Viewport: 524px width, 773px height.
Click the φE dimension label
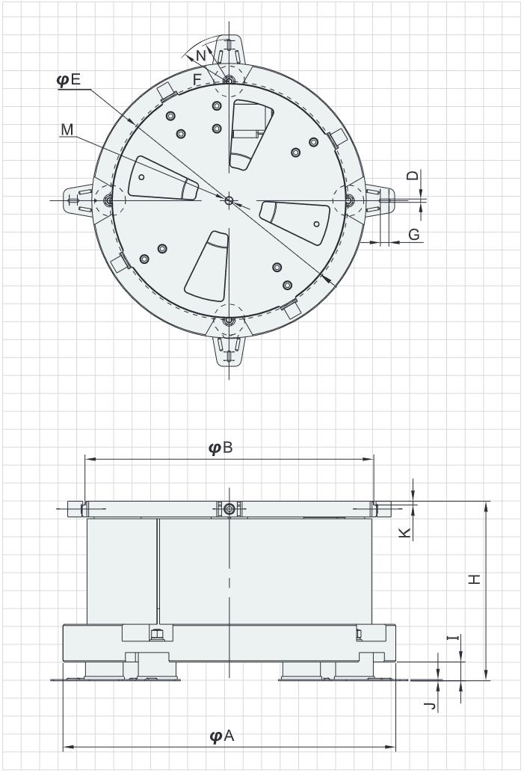click(x=69, y=79)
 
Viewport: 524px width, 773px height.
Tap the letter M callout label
click(x=67, y=129)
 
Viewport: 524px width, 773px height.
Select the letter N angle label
click(x=200, y=56)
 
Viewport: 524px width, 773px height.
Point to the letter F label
click(x=197, y=79)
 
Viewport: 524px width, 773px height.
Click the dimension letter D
click(x=413, y=175)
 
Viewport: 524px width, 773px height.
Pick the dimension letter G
click(x=414, y=235)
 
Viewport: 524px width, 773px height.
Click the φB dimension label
click(x=221, y=448)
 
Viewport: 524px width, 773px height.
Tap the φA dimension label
click(x=222, y=736)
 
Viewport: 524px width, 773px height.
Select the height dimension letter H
click(x=474, y=579)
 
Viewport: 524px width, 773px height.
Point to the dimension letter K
click(x=404, y=532)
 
